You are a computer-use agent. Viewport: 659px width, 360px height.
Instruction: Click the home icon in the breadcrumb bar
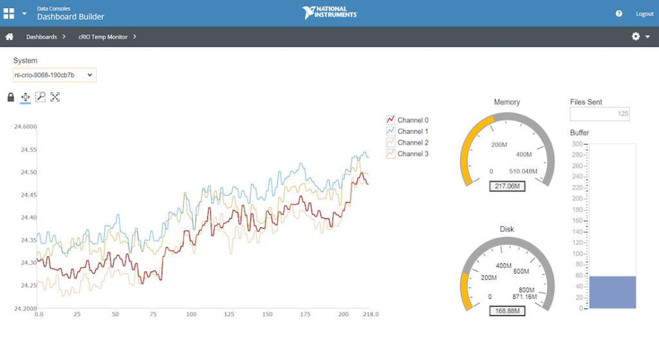10,37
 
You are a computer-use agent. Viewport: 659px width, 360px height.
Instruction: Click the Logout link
644,14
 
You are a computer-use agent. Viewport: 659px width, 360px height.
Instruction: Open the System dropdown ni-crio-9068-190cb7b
55,75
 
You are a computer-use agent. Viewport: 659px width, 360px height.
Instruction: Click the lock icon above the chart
10,97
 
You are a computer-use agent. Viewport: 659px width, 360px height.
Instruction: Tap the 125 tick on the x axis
229,314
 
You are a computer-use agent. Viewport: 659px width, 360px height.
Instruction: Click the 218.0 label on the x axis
371,314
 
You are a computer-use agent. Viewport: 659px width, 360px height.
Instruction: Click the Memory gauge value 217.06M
507,186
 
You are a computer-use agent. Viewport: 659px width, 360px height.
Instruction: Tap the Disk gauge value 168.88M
507,311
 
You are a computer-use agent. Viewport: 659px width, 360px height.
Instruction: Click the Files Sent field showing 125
600,114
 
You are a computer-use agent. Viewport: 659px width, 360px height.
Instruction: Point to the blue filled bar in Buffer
613,292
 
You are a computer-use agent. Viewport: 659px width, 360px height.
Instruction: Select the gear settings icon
636,37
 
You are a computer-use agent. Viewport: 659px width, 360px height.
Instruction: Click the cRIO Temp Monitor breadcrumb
103,37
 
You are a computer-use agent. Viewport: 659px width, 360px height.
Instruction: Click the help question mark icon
619,14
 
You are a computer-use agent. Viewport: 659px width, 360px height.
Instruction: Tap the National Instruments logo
329,13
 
